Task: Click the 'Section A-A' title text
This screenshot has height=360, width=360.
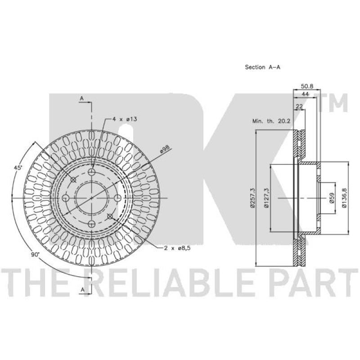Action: (262, 67)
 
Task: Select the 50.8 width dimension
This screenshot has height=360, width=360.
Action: (307, 86)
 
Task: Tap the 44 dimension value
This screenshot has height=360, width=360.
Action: (305, 94)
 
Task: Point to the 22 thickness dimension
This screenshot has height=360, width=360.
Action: (299, 106)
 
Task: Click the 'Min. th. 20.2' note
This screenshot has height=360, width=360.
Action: (271, 121)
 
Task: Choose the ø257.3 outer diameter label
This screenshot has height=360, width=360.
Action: (252, 198)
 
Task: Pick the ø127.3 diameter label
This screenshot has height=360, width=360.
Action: (266, 198)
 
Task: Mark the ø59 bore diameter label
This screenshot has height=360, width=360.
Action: (331, 198)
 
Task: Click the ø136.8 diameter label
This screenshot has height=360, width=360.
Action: (344, 198)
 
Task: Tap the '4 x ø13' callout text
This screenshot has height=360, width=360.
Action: (125, 119)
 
